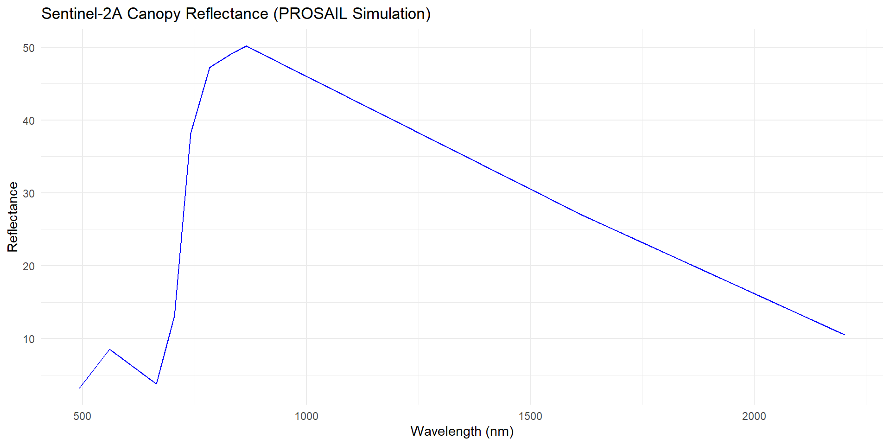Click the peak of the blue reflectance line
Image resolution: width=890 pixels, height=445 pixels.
click(x=246, y=46)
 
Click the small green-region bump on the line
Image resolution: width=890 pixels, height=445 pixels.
click(x=110, y=350)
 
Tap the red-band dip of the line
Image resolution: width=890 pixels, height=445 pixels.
click(x=157, y=384)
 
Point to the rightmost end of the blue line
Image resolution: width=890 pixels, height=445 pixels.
click(x=844, y=335)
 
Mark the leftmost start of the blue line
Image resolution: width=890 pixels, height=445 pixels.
click(x=80, y=388)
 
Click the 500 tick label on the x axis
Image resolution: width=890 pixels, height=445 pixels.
click(x=82, y=416)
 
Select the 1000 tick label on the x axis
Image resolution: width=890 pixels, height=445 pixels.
click(x=306, y=416)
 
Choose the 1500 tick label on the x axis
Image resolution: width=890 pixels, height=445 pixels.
click(x=530, y=416)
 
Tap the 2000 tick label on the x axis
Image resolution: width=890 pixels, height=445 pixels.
click(x=754, y=416)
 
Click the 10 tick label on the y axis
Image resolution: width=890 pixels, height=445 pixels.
click(x=29, y=339)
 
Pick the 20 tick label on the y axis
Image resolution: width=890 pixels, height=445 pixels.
click(x=29, y=267)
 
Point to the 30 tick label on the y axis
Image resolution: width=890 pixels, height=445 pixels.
click(x=29, y=193)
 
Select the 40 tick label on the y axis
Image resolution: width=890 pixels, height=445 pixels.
click(x=29, y=121)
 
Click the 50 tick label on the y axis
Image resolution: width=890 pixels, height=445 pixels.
click(x=29, y=48)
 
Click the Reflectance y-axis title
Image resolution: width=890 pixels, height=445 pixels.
click(x=13, y=217)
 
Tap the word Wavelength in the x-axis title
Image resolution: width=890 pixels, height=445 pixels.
click(x=445, y=432)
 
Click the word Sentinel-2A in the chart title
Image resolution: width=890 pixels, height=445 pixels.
click(x=82, y=14)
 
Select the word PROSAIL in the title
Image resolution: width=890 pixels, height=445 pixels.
click(x=313, y=14)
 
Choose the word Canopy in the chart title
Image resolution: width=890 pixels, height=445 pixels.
click(x=154, y=14)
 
